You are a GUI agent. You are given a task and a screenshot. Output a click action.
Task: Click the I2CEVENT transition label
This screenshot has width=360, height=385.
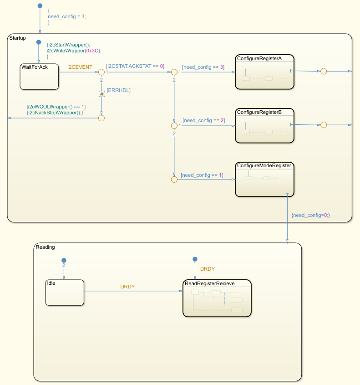point(80,67)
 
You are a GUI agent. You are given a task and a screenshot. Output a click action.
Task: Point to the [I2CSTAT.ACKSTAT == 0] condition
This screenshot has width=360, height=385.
point(135,66)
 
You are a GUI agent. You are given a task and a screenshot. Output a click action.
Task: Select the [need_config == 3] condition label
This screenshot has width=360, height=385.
point(203,67)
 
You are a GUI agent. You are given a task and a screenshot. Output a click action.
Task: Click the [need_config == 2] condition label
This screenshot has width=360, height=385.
point(203,120)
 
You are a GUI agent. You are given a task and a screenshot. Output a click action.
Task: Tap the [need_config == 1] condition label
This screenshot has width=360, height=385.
point(202,175)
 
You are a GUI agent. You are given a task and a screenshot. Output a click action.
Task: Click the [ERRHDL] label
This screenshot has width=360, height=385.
point(118,90)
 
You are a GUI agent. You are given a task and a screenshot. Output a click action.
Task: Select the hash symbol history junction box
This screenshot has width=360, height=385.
point(101,94)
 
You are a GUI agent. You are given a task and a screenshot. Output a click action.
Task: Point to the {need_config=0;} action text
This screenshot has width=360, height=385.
point(310,215)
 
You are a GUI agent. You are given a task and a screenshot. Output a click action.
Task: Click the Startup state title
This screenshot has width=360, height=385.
point(18,38)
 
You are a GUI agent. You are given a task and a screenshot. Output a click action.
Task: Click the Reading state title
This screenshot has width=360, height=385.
point(45,247)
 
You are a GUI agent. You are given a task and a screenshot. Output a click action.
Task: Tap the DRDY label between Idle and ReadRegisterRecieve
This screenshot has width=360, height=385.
point(127,287)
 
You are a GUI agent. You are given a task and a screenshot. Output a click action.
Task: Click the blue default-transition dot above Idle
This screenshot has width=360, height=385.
point(64,260)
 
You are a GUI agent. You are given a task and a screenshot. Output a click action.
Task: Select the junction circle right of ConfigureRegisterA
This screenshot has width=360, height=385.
point(324,72)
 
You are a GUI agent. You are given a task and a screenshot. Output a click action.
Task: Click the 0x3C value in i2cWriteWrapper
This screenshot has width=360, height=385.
point(93,51)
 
